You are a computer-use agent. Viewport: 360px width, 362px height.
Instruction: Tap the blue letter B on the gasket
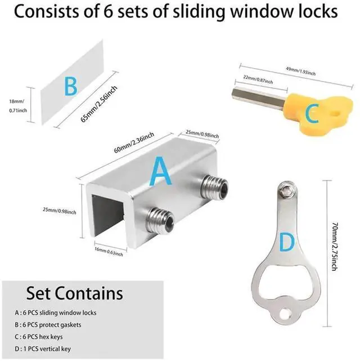(x=71, y=87)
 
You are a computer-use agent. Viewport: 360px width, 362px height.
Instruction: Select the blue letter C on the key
(x=313, y=114)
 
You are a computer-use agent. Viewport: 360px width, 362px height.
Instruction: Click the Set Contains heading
(x=74, y=293)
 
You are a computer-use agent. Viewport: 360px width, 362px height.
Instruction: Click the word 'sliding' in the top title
(x=208, y=12)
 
